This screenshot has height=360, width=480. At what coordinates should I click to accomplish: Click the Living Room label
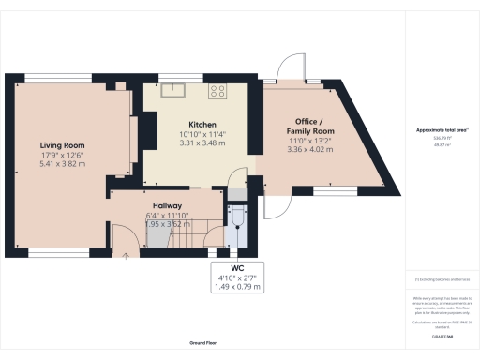[x=63, y=145]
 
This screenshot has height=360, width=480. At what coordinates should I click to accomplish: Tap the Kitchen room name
[x=202, y=125]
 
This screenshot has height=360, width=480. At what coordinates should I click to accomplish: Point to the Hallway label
[x=168, y=205]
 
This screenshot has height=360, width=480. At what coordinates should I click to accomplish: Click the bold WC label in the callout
[x=237, y=267]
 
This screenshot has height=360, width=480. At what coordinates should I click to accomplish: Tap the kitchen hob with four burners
[x=219, y=91]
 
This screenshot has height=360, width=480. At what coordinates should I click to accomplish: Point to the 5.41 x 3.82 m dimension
[x=63, y=164]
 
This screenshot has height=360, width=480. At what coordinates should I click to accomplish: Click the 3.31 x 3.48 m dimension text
[x=202, y=143]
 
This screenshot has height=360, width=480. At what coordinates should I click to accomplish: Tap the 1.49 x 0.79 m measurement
[x=237, y=286]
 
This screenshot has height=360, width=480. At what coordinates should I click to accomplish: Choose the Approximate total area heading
[x=442, y=128]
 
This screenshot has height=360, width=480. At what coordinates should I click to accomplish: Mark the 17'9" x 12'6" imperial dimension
[x=63, y=155]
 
